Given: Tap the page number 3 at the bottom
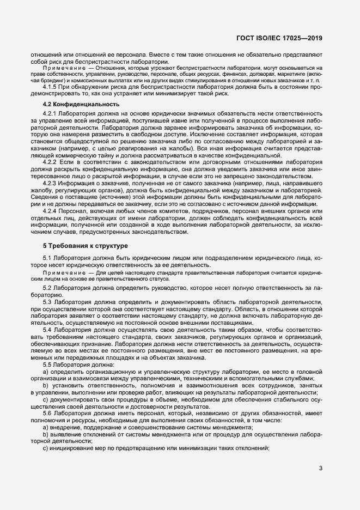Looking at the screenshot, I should [321, 467].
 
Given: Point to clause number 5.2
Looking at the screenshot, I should [47, 287].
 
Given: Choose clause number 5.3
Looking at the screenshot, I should [47, 302].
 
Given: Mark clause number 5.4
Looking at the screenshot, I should [47, 330].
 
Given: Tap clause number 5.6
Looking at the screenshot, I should [47, 413].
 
